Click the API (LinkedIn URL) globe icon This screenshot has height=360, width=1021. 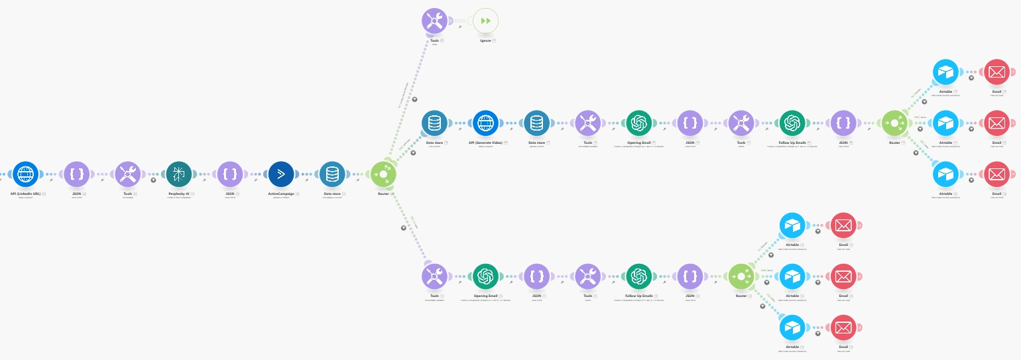click(x=26, y=175)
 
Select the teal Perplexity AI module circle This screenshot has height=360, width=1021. click(x=179, y=175)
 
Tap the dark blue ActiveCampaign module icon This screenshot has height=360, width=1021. click(x=281, y=175)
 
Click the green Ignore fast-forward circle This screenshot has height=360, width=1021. click(x=485, y=21)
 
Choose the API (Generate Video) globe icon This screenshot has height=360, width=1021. click(x=485, y=123)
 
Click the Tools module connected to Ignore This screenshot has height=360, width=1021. click(x=434, y=21)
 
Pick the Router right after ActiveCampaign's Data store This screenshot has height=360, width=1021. click(x=383, y=175)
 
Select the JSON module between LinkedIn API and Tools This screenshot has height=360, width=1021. click(x=77, y=175)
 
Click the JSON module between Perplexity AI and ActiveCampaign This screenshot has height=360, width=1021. click(x=230, y=175)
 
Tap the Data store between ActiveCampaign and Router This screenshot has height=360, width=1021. click(x=332, y=175)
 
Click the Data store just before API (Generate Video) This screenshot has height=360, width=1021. click(x=434, y=123)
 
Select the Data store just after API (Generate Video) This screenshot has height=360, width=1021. click(x=536, y=123)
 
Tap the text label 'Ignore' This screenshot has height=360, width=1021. click(x=485, y=40)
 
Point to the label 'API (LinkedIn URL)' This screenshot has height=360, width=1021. click(x=25, y=194)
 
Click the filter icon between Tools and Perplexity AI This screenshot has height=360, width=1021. click(x=153, y=179)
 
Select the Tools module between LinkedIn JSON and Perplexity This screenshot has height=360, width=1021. click(x=128, y=175)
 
